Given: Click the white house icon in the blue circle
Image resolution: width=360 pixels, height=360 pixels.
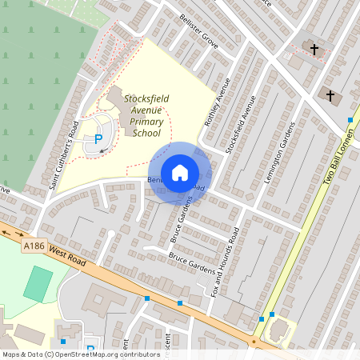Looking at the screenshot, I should [x=180, y=173].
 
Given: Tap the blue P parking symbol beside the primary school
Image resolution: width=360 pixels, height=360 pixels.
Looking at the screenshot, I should [x=98, y=138].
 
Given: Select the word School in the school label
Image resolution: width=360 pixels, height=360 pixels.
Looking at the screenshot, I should [x=146, y=133].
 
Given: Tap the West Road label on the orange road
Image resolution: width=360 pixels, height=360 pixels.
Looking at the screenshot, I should [x=66, y=254].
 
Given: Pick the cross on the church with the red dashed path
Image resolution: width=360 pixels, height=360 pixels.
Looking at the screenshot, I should [x=314, y=50].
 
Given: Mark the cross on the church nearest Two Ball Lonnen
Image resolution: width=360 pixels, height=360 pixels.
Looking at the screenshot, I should [x=330, y=95].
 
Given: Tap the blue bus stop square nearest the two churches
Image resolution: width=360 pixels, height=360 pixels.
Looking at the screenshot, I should [x=350, y=120].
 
